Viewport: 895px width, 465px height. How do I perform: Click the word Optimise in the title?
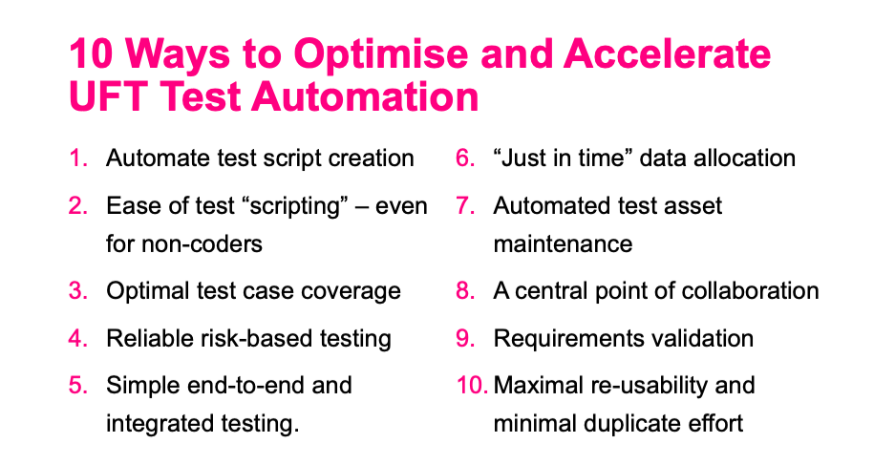click(x=382, y=55)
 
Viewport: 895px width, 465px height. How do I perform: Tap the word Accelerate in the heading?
click(x=667, y=53)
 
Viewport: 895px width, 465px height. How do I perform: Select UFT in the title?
click(x=109, y=95)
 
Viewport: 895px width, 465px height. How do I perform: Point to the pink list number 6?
click(x=465, y=159)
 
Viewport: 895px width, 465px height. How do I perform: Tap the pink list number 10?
click(x=472, y=385)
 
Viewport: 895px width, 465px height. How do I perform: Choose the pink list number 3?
click(x=78, y=290)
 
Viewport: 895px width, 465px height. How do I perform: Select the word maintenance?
click(x=563, y=244)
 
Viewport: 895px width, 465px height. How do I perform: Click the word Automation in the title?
click(x=365, y=95)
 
